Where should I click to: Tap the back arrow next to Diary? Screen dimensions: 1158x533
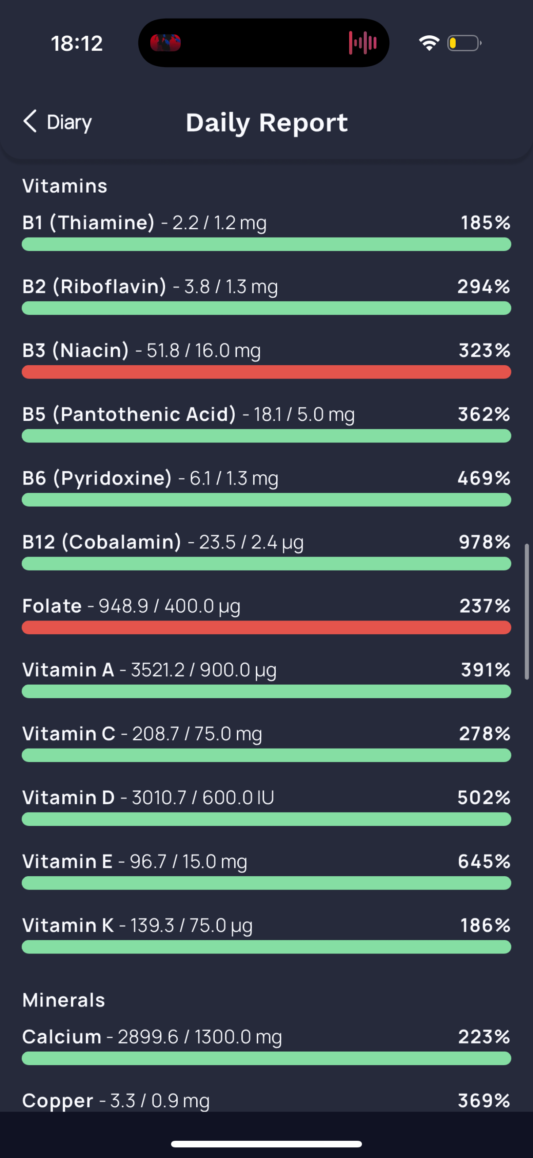point(30,121)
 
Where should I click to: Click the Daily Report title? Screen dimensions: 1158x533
point(267,123)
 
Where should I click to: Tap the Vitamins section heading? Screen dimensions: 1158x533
point(65,186)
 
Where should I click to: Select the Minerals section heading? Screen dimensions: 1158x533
point(63,1000)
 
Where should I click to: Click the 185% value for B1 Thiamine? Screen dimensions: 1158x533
point(485,223)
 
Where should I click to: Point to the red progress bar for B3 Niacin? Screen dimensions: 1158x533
point(266,372)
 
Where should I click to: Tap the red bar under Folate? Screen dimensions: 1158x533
point(266,627)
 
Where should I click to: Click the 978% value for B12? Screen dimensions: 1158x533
point(484,542)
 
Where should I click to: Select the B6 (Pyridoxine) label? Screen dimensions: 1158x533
point(97,478)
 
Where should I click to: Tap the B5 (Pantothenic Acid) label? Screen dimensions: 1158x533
point(129,414)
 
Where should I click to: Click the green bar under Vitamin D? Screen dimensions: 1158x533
point(266,819)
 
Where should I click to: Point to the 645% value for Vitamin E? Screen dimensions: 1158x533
point(484,861)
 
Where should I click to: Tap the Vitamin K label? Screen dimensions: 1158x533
point(68,925)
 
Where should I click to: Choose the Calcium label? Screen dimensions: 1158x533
point(61,1037)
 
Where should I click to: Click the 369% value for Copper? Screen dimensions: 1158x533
point(484,1101)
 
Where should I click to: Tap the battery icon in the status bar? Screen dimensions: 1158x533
point(464,43)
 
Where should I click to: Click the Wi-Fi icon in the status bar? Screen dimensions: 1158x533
point(429,43)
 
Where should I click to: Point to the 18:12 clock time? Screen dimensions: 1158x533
point(77,44)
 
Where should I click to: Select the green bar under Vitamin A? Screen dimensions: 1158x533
point(266,691)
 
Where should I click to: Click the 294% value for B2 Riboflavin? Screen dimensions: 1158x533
point(484,286)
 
